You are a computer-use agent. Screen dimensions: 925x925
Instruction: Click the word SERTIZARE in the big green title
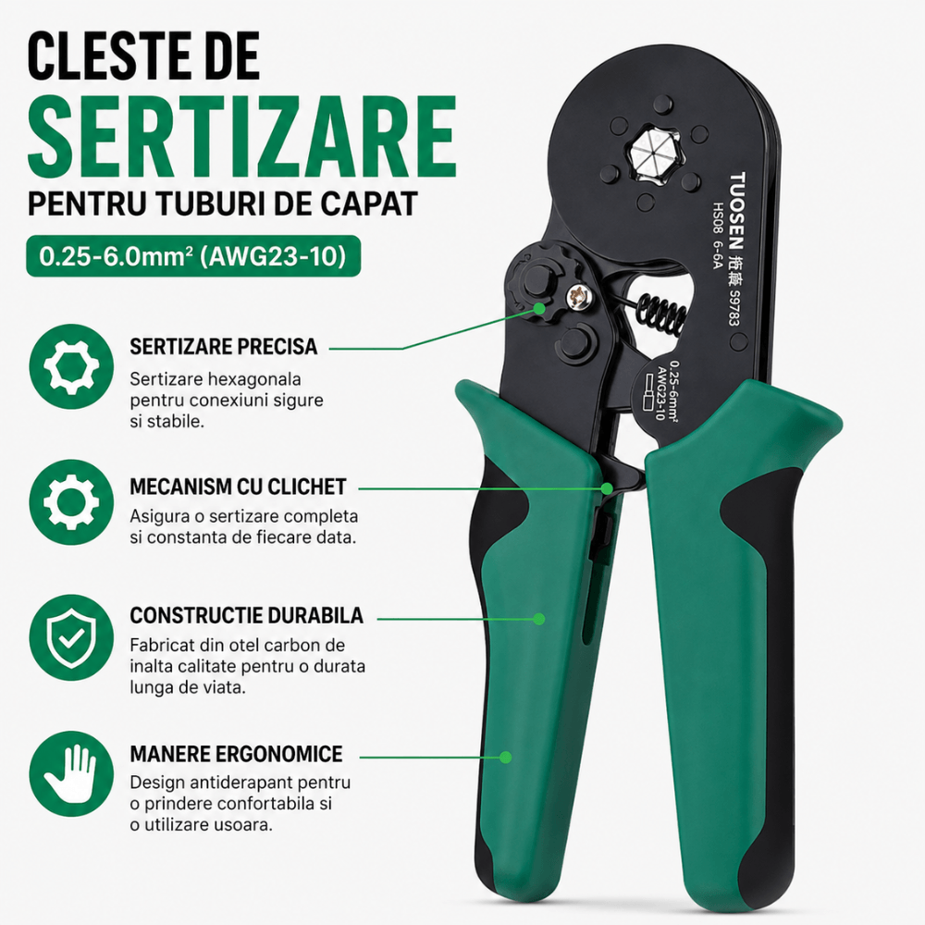click(x=241, y=136)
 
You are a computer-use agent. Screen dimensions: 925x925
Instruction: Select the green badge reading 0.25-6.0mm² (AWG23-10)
click(x=193, y=256)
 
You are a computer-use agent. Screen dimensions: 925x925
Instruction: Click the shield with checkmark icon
click(x=71, y=637)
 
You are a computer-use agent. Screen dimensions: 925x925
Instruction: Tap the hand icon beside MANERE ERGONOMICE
click(x=71, y=774)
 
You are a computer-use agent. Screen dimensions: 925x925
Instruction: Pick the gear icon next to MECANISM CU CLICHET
click(x=71, y=502)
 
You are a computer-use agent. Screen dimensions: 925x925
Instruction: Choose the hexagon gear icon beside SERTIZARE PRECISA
click(x=71, y=366)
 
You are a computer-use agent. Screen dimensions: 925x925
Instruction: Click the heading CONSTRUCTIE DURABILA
click(x=247, y=615)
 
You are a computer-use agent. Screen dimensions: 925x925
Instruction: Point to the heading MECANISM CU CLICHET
click(x=238, y=487)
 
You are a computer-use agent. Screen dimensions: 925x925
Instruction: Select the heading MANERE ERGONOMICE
click(x=236, y=754)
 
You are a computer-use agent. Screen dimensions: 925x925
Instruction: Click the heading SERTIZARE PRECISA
click(x=224, y=346)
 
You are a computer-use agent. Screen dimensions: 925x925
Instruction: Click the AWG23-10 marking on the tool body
click(x=661, y=392)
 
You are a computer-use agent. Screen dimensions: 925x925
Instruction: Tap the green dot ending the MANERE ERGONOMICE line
click(x=506, y=757)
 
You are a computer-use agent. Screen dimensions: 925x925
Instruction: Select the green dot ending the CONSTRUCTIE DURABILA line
click(x=538, y=619)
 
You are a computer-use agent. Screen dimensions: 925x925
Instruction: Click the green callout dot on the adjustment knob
click(x=539, y=308)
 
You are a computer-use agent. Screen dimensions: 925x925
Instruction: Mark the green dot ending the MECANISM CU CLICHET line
click(x=607, y=488)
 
